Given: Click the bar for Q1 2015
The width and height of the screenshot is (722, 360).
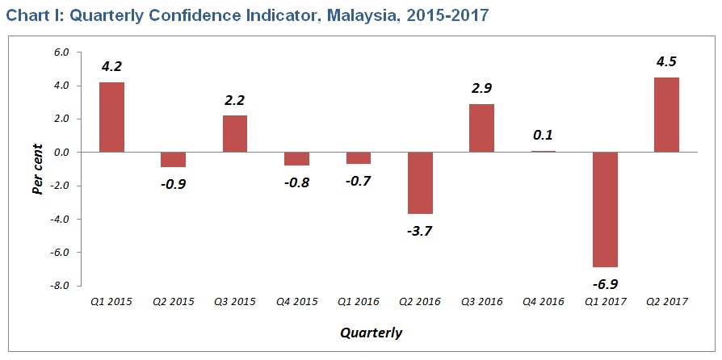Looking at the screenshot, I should coord(111,117).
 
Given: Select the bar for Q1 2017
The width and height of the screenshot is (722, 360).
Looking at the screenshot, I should coord(605,209).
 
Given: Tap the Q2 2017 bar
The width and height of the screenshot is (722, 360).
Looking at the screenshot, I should coord(666,115).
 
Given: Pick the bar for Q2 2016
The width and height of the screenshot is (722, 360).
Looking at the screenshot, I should coord(420,182).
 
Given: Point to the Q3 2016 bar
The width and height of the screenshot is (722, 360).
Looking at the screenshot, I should coord(481,128).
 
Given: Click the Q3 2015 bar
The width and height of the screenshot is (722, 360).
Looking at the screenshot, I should coord(235,133).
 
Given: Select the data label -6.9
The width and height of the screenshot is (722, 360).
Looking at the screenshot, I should coord(605,283).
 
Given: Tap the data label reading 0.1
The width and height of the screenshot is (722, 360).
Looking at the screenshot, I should coord(543,135).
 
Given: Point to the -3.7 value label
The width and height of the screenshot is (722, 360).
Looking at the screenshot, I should coord(420,231).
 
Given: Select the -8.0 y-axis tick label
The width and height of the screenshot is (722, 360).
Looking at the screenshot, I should coord(62,286).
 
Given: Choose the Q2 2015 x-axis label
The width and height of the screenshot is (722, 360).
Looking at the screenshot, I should coord(174,301).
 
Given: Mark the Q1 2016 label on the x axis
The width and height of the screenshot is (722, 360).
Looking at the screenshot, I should coord(359,301).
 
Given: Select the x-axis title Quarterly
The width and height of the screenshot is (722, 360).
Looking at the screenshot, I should coord(371,332).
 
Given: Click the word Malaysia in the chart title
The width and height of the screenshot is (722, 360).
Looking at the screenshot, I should coord(362,16).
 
